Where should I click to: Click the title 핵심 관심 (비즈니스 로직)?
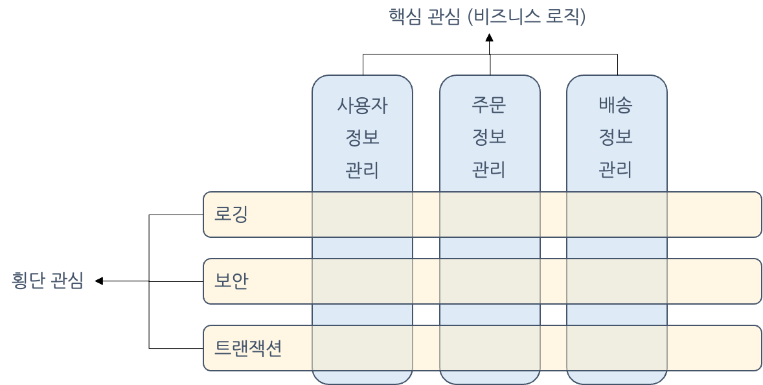(x=487, y=16)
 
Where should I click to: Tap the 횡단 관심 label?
(x=48, y=281)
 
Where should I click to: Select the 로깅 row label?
(x=231, y=215)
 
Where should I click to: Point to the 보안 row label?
(x=231, y=281)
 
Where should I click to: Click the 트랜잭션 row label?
(x=248, y=349)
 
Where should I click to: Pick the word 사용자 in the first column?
(x=362, y=105)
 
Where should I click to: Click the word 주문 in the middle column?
(x=489, y=104)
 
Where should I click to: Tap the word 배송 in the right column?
(x=616, y=104)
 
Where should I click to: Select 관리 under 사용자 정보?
(x=362, y=170)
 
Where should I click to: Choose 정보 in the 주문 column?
(x=489, y=137)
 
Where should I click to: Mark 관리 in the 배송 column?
(x=616, y=170)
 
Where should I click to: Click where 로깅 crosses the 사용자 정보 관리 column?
(x=362, y=215)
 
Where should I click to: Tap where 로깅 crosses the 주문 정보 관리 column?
(x=490, y=215)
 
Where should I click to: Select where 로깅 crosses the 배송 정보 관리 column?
(x=617, y=215)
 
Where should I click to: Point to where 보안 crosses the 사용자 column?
(x=362, y=281)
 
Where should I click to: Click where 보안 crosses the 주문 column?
(x=490, y=281)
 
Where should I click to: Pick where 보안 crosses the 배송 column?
(x=617, y=281)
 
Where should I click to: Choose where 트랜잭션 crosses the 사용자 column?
(x=362, y=348)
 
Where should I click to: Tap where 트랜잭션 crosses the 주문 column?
(x=490, y=348)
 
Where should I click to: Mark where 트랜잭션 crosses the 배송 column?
(x=617, y=348)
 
